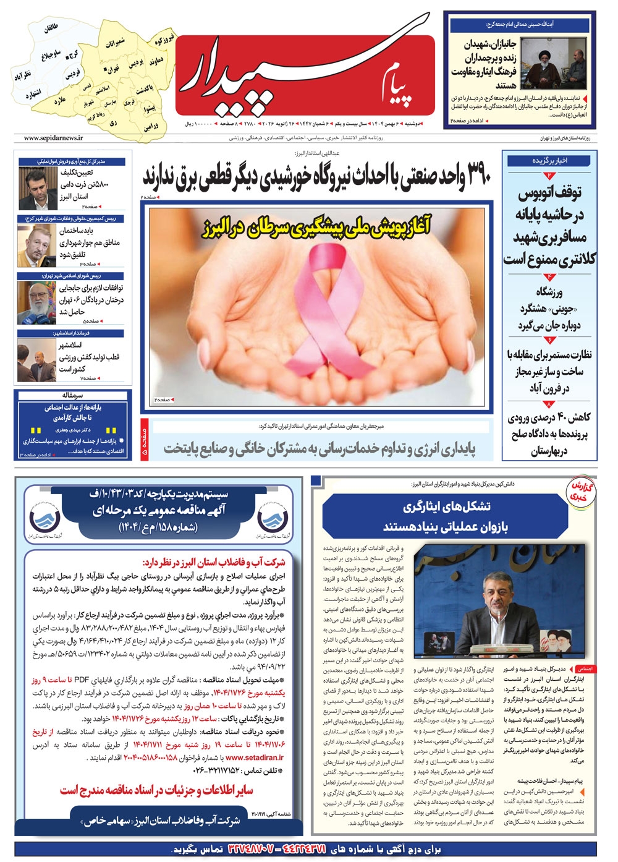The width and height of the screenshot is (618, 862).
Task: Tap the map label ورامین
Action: [151, 127]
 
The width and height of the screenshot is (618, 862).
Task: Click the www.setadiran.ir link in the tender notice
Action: [255, 757]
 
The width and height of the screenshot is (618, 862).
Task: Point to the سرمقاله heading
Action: [72, 395]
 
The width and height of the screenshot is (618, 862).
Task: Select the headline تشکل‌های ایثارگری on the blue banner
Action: [447, 507]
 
